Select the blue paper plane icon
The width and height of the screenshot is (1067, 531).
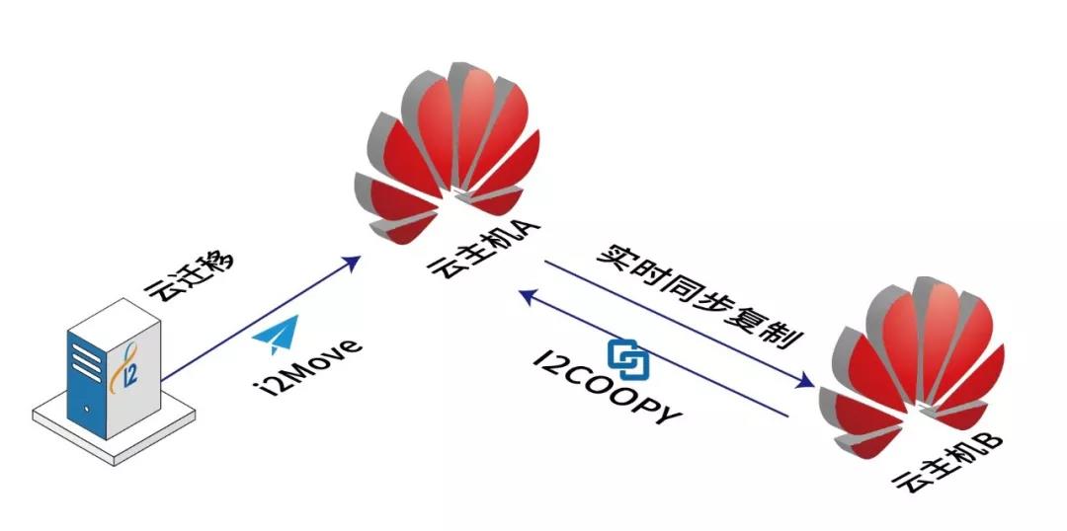275,336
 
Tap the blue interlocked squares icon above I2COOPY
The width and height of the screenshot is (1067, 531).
625,357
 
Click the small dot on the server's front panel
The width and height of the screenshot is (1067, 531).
87,407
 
